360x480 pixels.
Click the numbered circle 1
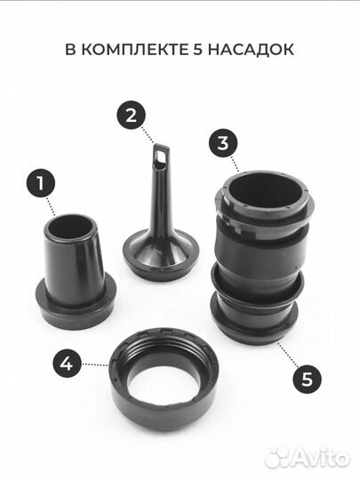click(x=40, y=183)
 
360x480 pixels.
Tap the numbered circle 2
click(x=131, y=116)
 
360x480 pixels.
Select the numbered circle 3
click(x=223, y=142)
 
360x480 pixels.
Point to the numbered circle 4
click(x=67, y=364)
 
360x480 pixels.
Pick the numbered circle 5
click(x=308, y=379)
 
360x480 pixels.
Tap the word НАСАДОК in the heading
click(x=251, y=50)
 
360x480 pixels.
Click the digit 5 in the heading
click(x=197, y=50)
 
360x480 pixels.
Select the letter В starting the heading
click(x=70, y=50)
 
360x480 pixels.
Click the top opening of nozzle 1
click(x=71, y=227)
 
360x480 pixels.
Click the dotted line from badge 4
click(x=95, y=364)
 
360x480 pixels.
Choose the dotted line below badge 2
click(x=148, y=135)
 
